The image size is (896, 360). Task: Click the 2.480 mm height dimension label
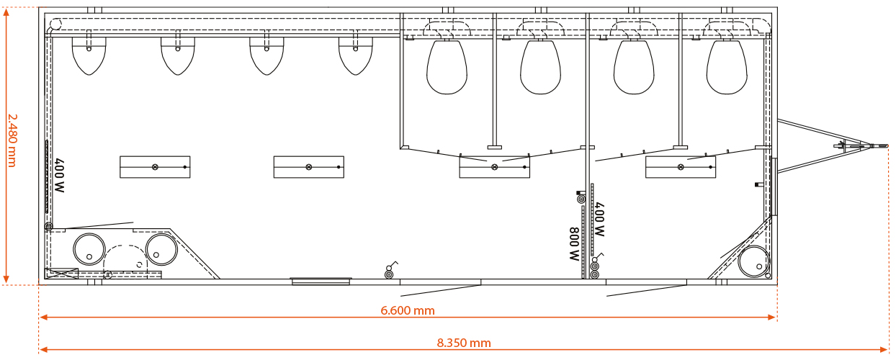[12, 140]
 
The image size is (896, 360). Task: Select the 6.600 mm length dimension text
[407, 310]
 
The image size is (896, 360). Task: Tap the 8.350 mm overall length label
[464, 343]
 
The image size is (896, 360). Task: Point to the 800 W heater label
[574, 244]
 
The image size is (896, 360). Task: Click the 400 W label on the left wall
[59, 176]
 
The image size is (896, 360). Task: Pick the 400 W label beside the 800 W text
[599, 219]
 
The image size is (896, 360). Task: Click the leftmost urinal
[89, 56]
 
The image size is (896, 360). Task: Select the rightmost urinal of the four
[355, 56]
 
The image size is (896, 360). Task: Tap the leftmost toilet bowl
[447, 67]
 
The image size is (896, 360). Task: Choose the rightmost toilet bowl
[727, 67]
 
